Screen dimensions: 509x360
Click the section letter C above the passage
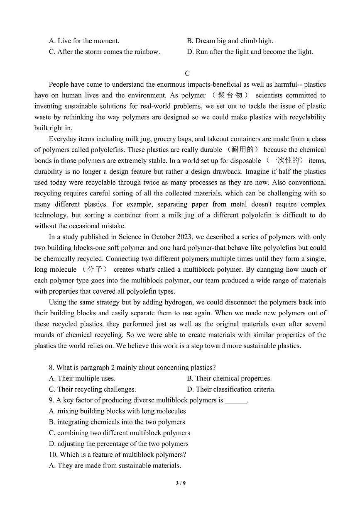point(187,73)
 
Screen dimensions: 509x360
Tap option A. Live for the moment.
point(84,41)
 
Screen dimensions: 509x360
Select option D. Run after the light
point(250,52)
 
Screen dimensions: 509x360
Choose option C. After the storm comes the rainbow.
point(104,52)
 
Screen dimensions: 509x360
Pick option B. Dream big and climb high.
point(230,41)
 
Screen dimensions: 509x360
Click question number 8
point(51,368)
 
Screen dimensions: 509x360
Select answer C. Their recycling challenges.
point(92,389)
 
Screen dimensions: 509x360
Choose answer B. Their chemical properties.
point(229,378)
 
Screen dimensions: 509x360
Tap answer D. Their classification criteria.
point(231,389)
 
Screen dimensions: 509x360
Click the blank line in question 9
point(236,401)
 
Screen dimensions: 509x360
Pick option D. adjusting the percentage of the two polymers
point(118,444)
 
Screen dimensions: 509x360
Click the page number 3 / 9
point(180,483)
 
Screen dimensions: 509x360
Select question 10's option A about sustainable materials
point(115,465)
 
